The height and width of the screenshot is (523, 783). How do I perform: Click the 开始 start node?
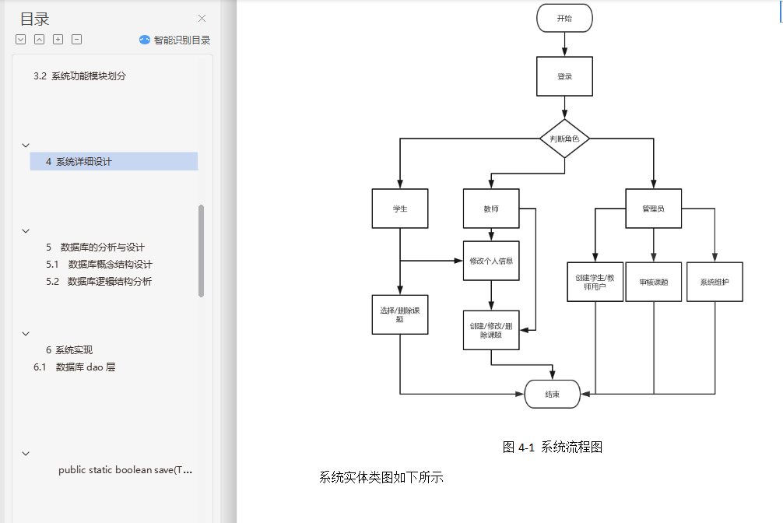tap(564, 18)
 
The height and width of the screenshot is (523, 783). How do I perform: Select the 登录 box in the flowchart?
tap(564, 76)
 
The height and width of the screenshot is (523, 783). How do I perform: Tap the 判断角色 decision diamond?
tap(564, 139)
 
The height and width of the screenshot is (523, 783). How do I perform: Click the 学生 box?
tap(400, 209)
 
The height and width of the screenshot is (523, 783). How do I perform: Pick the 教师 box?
tap(490, 209)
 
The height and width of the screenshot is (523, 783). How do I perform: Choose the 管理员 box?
tap(653, 209)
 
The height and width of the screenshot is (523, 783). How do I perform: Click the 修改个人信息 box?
tap(490, 261)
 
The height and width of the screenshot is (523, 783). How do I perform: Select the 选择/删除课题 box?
tap(400, 314)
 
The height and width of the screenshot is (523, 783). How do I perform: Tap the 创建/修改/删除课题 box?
tap(490, 330)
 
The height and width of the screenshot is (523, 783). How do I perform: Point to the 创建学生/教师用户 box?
tap(595, 282)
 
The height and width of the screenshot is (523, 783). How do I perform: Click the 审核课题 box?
tap(653, 282)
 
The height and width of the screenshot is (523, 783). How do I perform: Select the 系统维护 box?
tap(714, 282)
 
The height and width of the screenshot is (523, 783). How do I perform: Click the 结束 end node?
tap(553, 394)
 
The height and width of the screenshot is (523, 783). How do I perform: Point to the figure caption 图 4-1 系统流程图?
tap(553, 447)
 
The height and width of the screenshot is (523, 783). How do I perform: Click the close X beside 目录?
tap(202, 19)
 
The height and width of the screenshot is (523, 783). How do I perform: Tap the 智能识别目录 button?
tap(175, 40)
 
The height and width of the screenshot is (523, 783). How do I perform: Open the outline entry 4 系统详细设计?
tap(79, 162)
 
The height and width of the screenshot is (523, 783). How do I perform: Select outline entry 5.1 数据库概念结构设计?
tap(99, 265)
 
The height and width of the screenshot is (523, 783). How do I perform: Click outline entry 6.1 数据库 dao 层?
tap(75, 367)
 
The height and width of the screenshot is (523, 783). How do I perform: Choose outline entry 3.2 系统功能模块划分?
tap(79, 76)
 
